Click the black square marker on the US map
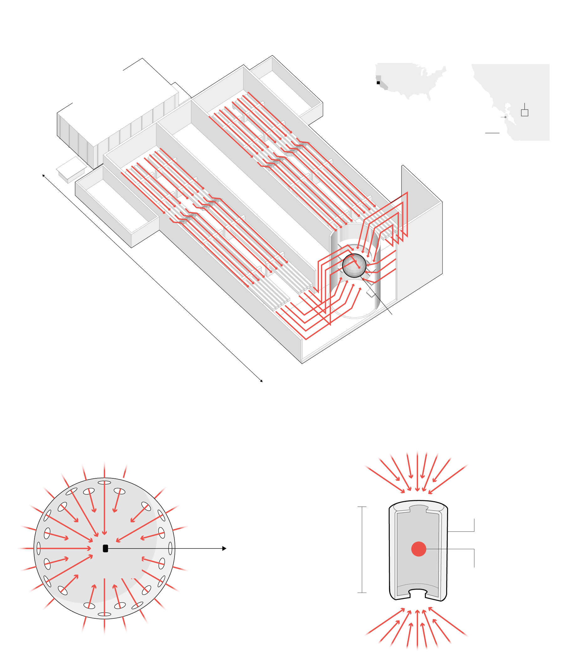pyautogui.click(x=378, y=83)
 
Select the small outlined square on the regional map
pyautogui.click(x=525, y=113)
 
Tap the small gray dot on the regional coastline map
pyautogui.click(x=505, y=117)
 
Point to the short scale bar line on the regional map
pyautogui.click(x=492, y=133)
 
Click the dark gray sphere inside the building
pyautogui.click(x=354, y=265)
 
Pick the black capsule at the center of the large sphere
pyautogui.click(x=106, y=548)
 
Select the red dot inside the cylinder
pyautogui.click(x=418, y=549)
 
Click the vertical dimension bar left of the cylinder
pyautogui.click(x=362, y=549)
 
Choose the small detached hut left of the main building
pyautogui.click(x=71, y=169)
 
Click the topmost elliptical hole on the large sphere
pyautogui.click(x=104, y=482)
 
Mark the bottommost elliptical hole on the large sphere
pyautogui.click(x=104, y=614)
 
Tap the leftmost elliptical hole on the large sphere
pyautogui.click(x=39, y=548)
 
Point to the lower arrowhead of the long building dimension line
pyautogui.click(x=261, y=381)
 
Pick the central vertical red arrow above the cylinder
pyautogui.click(x=417, y=472)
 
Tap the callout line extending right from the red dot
pyautogui.click(x=450, y=549)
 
